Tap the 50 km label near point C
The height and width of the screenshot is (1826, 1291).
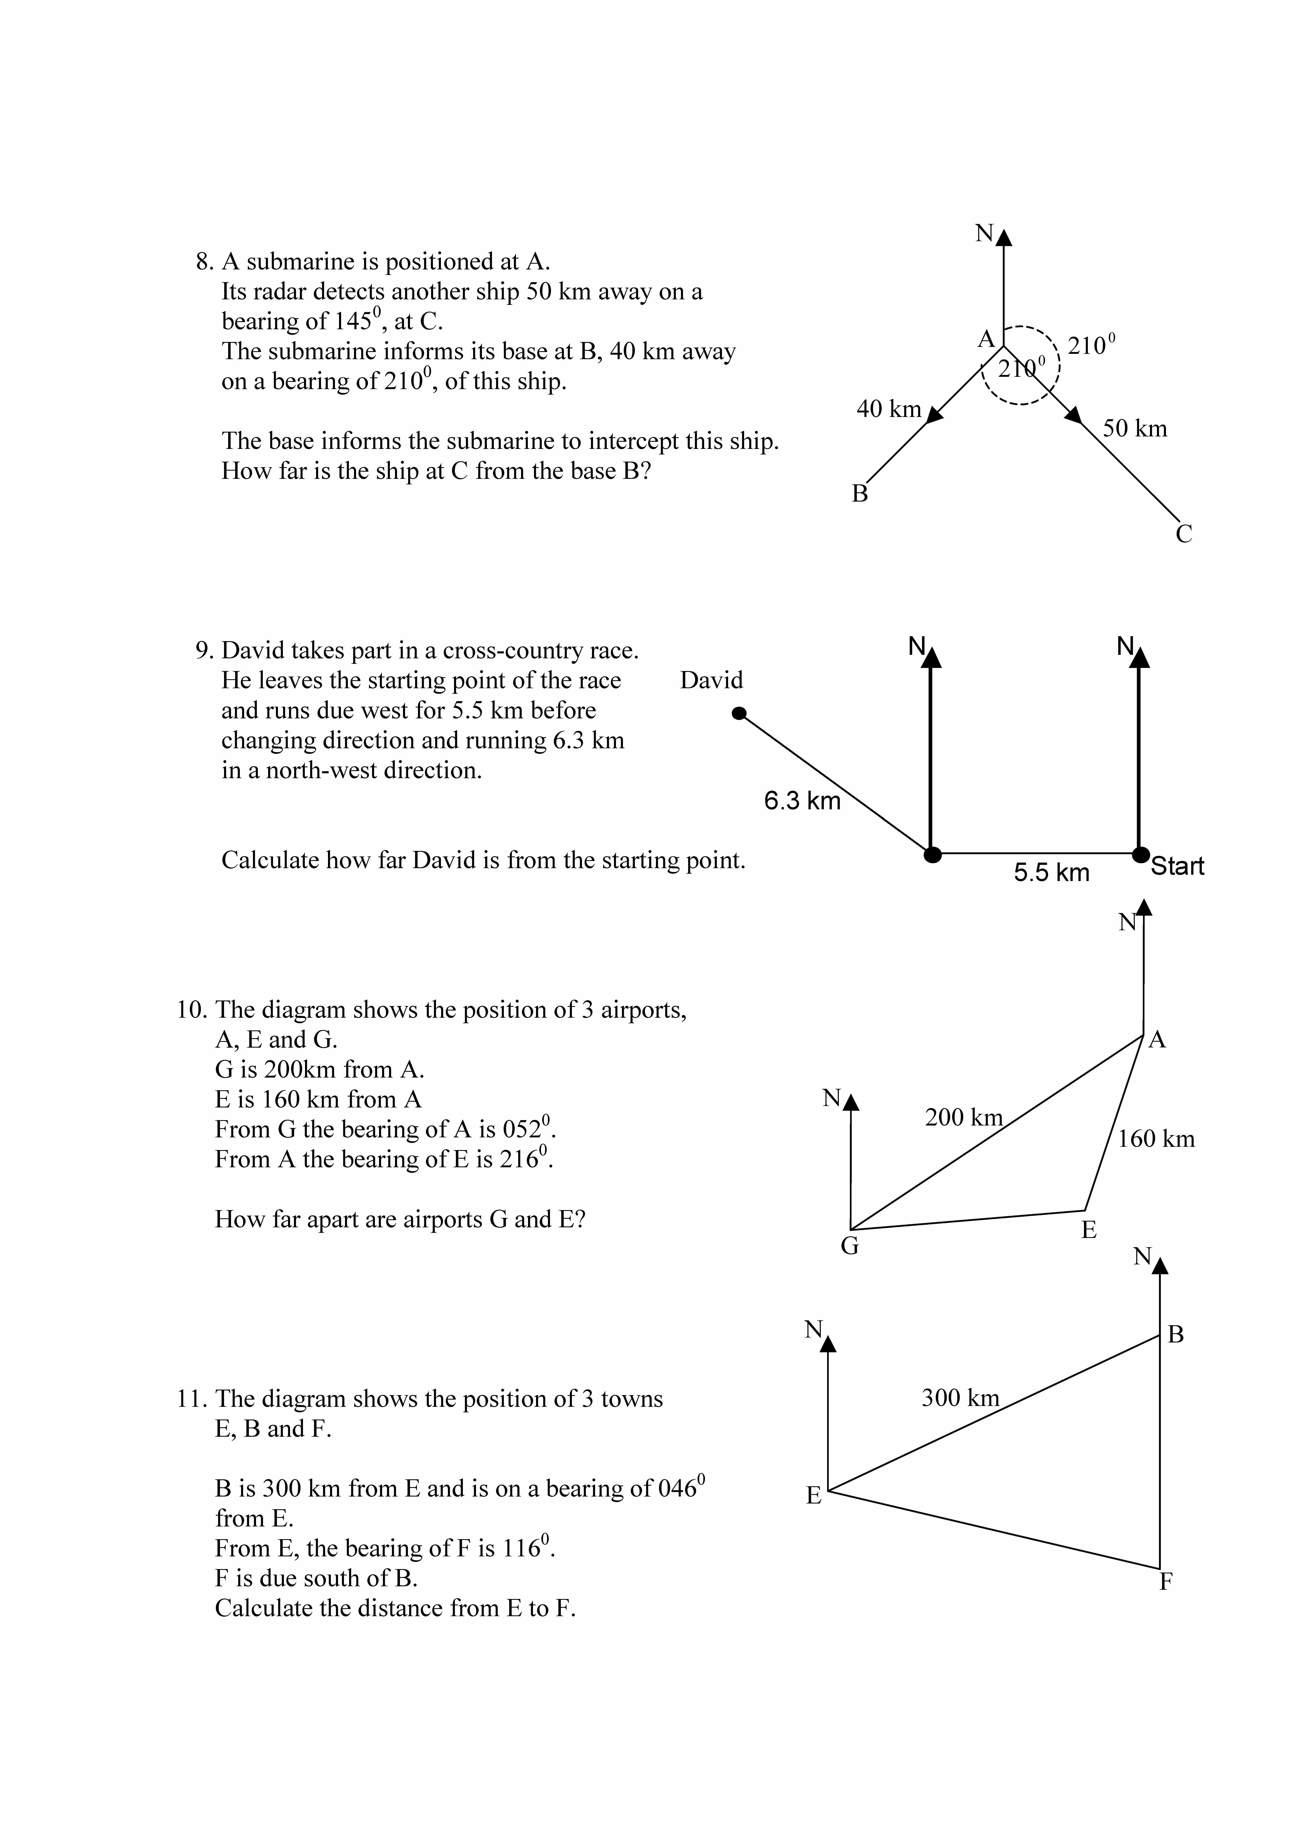[x=1134, y=429]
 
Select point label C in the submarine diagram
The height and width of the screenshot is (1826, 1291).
[x=1184, y=534]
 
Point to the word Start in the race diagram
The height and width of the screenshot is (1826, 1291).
[x=1177, y=866]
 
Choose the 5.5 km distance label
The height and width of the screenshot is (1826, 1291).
[x=1051, y=872]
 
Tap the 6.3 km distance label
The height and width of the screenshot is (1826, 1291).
[x=802, y=801]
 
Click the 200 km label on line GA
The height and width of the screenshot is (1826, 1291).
[x=963, y=1117]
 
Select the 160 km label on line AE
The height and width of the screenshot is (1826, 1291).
[x=1156, y=1139]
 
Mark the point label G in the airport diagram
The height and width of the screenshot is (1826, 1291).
[x=849, y=1245]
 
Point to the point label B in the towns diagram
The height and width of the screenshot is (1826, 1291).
[x=1176, y=1334]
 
